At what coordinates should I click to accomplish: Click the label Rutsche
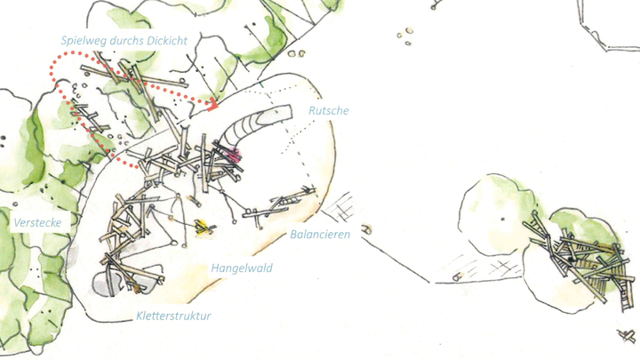[329, 110]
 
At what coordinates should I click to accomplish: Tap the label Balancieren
[320, 235]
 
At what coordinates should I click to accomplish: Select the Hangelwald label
[242, 268]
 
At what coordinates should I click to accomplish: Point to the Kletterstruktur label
[173, 316]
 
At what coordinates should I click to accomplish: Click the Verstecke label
[37, 223]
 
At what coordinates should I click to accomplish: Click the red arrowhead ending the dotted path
[213, 106]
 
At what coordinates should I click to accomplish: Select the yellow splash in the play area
[203, 227]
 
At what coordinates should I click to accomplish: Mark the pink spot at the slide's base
[233, 155]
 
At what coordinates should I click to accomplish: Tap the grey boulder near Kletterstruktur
[104, 284]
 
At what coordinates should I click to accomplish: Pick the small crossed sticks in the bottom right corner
[627, 335]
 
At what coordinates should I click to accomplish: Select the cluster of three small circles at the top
[405, 36]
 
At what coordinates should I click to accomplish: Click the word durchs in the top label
[127, 40]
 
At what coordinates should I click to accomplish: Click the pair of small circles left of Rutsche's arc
[296, 53]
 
